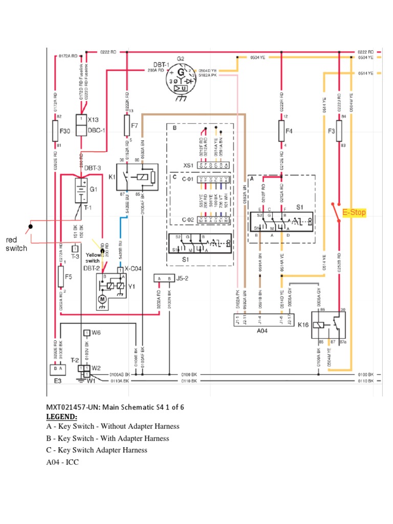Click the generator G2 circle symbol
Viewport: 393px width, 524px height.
tap(181, 79)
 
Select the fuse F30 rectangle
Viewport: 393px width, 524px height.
tap(56, 131)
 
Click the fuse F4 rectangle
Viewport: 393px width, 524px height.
tap(281, 131)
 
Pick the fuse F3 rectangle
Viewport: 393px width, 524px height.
tap(340, 131)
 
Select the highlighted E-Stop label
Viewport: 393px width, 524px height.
tap(354, 212)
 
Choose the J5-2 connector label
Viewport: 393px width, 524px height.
tap(183, 279)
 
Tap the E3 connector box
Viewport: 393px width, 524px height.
tap(56, 367)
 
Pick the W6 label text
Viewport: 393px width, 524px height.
tap(96, 333)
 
